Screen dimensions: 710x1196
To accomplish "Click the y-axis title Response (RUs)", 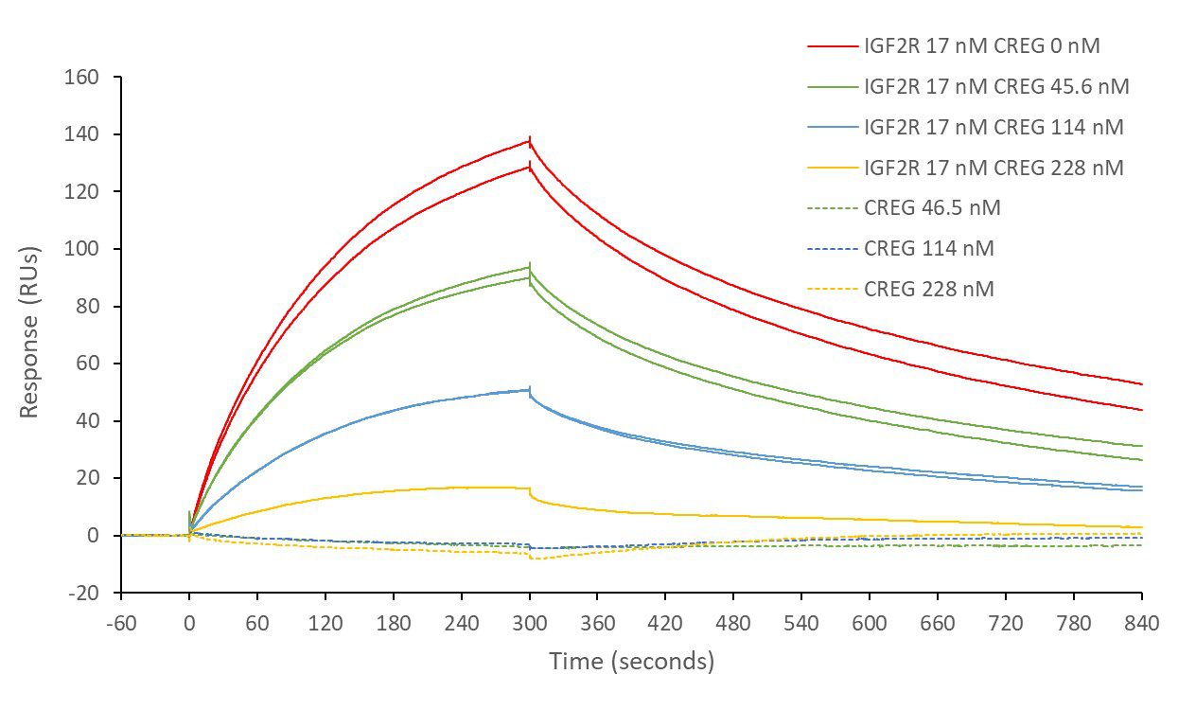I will pyautogui.click(x=29, y=335).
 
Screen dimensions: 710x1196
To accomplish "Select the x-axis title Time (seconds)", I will pyautogui.click(x=631, y=661).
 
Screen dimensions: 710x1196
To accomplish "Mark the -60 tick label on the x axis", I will pyautogui.click(x=121, y=623).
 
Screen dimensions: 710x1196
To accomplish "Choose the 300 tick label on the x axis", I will pyautogui.click(x=529, y=623).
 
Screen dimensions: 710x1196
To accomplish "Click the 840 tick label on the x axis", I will pyautogui.click(x=1142, y=623).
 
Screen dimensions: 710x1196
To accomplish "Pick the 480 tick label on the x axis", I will pyautogui.click(x=733, y=623).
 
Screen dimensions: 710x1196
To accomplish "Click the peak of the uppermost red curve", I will pyautogui.click(x=529, y=140).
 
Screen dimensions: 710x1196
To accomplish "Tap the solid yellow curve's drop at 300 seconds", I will pyautogui.click(x=530, y=493).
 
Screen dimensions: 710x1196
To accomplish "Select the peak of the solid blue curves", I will pyautogui.click(x=528, y=389).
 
